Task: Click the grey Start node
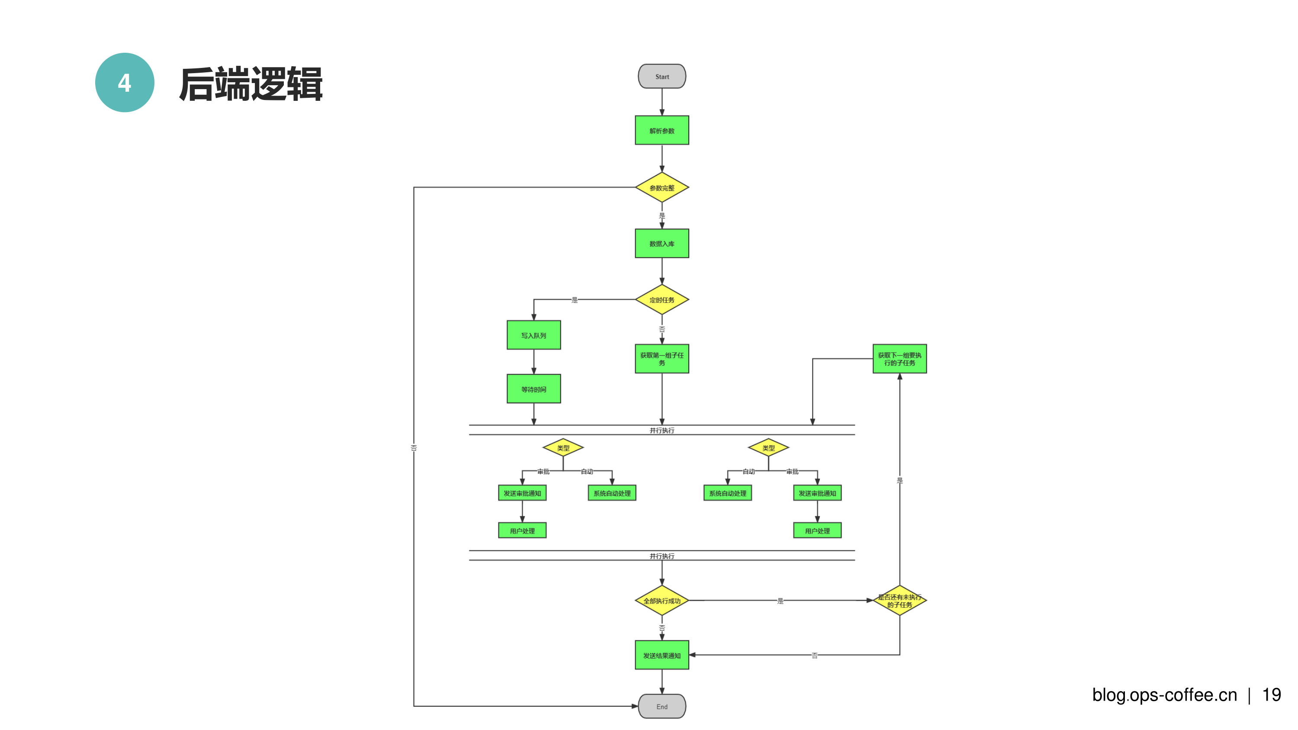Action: point(662,77)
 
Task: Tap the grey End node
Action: point(662,706)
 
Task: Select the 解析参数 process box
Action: point(662,131)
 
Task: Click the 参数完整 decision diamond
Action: point(662,188)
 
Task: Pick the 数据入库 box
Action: point(662,243)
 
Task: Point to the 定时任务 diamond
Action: point(662,300)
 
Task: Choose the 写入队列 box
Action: point(533,335)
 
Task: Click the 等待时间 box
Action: point(533,389)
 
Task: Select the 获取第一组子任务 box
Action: point(662,359)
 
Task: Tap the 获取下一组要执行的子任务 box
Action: point(900,359)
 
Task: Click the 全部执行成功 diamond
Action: point(662,601)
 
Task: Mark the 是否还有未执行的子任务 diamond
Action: point(900,601)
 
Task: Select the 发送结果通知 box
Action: point(662,655)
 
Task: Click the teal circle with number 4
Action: point(125,83)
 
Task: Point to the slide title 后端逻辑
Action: point(251,84)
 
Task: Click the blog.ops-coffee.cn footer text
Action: point(1164,695)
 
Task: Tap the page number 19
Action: point(1271,695)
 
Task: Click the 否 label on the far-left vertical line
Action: point(414,447)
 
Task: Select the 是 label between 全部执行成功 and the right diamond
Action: point(780,601)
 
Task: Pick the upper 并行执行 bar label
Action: point(662,430)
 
